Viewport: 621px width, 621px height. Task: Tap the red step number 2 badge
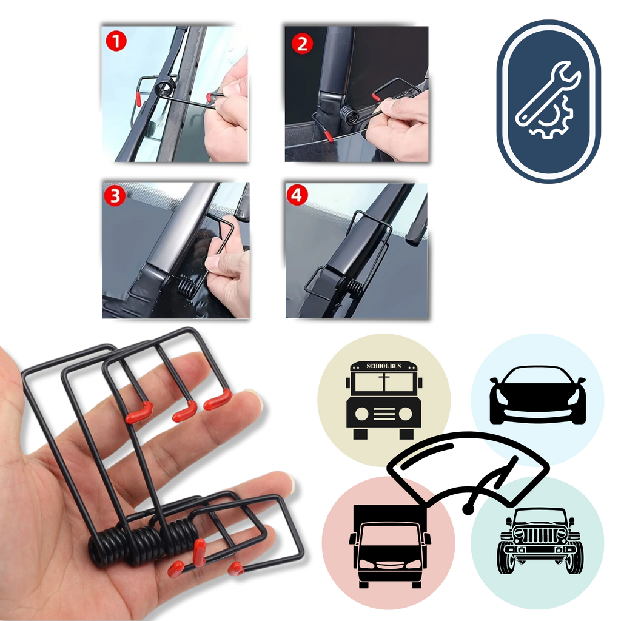pos(302,43)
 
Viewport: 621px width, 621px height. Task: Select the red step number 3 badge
pos(114,196)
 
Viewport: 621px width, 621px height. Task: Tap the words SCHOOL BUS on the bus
pos(383,366)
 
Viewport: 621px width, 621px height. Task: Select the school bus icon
pos(383,400)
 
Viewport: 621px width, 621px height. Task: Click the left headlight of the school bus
pos(362,414)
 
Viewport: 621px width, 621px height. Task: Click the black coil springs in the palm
pos(146,537)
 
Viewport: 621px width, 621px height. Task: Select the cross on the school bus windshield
pos(383,383)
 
